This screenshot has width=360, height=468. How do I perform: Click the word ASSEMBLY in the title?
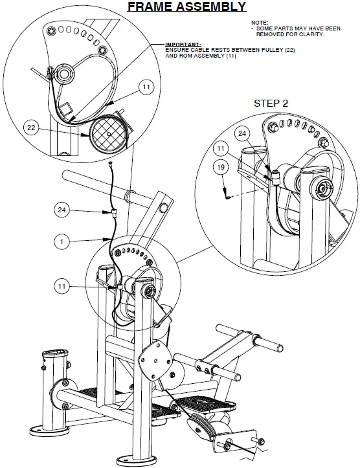coord(211,7)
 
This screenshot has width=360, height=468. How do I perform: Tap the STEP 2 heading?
coord(271,103)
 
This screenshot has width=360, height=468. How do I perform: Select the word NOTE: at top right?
coord(258,23)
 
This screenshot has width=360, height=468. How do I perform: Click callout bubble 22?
coord(31,128)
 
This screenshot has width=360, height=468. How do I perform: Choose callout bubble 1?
coord(62,241)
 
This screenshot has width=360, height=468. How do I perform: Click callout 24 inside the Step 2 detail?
coord(242,134)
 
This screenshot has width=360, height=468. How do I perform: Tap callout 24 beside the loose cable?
coord(62,210)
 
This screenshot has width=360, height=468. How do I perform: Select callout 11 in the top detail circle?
coord(146,85)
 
